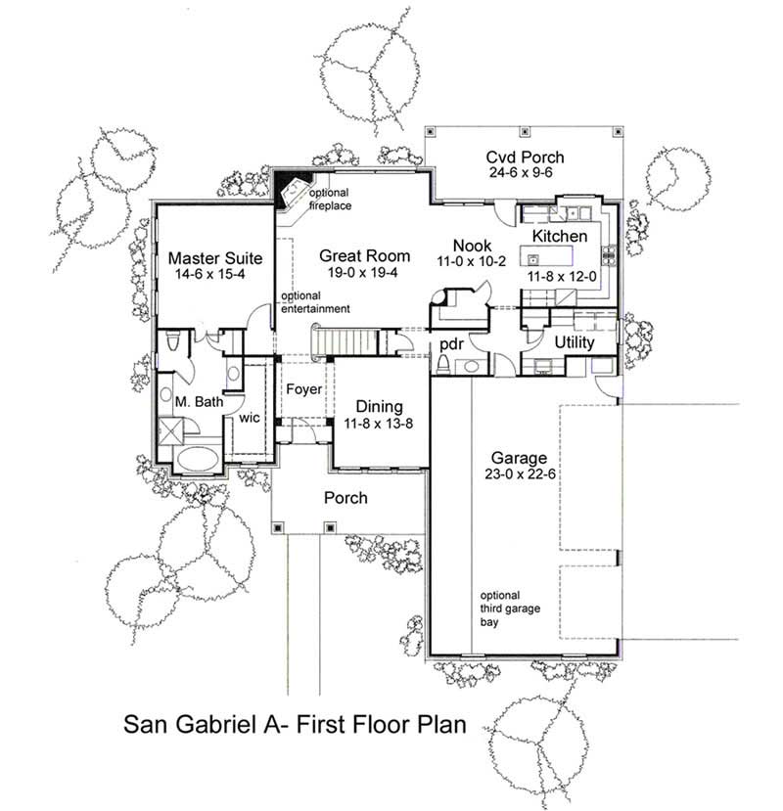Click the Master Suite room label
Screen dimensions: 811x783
[214, 258]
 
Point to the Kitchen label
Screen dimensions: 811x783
[560, 237]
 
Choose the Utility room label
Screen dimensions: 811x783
[575, 343]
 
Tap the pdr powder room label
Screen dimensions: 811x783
[451, 343]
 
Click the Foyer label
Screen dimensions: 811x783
[303, 389]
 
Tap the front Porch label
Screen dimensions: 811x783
[345, 498]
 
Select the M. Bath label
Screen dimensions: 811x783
[199, 401]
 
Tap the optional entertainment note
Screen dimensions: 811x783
[315, 303]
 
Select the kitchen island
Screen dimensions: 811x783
[532, 260]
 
